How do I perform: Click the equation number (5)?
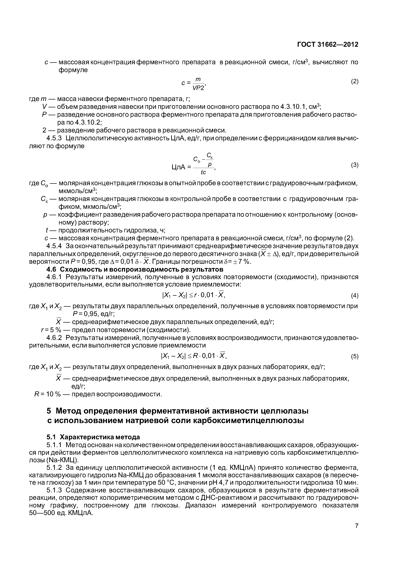click(354, 356)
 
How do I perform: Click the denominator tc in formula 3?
click(203, 173)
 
